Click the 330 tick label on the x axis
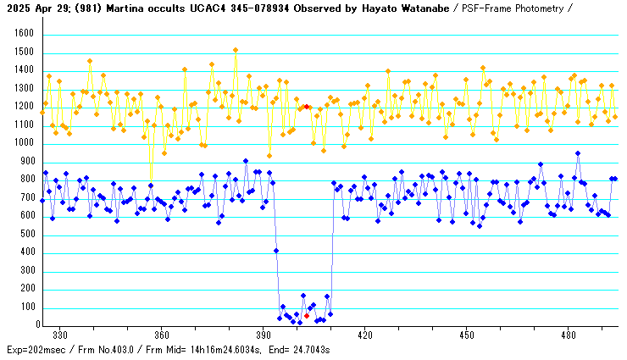pos(60,335)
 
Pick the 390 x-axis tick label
pos(264,335)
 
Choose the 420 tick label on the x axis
pos(365,335)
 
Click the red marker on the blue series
pos(307,315)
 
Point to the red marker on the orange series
pos(307,107)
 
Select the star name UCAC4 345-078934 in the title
pos(240,8)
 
